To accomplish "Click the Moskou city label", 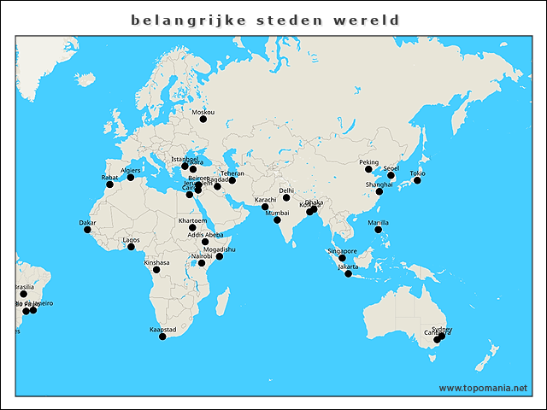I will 203,112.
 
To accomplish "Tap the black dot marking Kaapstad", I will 162,337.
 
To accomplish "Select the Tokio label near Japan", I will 417,173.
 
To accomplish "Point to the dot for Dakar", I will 87,229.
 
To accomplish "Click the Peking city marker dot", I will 368,169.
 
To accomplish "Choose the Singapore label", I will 342,251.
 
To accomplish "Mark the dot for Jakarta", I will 348,273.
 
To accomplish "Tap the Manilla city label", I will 378,222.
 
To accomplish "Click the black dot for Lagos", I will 131,247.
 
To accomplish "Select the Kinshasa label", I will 156,262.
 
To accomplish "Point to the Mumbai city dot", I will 277,220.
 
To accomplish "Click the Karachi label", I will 265,200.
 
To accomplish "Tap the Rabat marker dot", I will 109,184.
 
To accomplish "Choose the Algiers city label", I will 131,170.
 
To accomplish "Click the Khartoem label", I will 192,220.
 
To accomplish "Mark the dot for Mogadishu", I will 219,256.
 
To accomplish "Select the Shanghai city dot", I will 379,191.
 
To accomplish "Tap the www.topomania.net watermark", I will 483,388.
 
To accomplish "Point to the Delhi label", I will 286,190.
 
